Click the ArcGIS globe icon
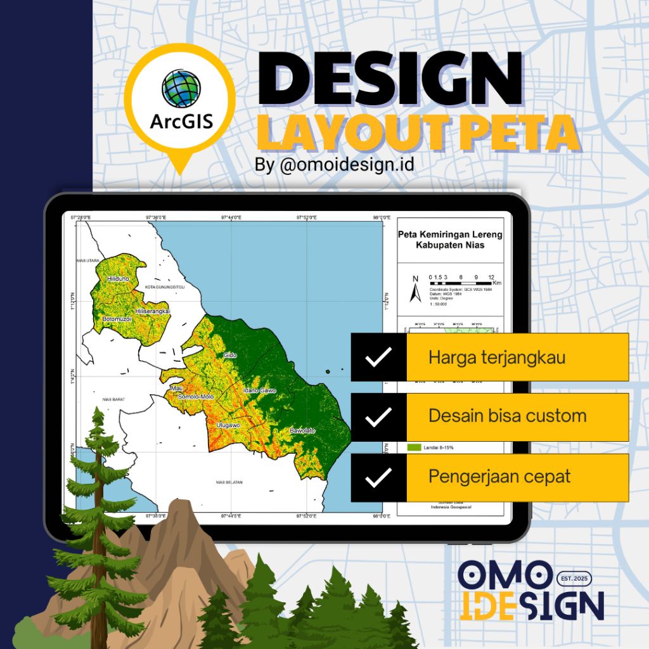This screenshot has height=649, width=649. (181, 89)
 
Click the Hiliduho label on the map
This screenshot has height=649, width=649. (118, 278)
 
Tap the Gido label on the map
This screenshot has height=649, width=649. (230, 356)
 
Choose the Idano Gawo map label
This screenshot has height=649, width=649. (260, 390)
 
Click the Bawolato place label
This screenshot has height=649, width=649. (302, 431)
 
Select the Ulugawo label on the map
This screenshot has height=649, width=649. (228, 425)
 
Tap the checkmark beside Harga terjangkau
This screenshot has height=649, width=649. (378, 357)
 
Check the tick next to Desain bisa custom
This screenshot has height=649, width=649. (378, 417)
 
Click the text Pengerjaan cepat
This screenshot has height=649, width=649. (499, 477)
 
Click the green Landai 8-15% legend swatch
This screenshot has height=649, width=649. (414, 447)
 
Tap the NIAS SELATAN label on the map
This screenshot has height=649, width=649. (229, 482)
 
